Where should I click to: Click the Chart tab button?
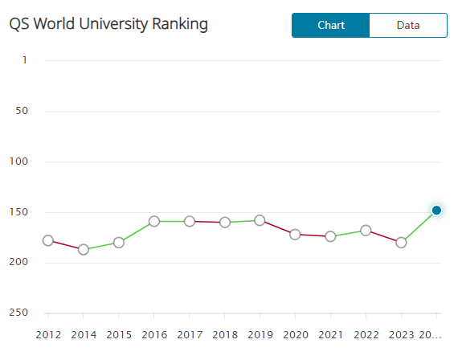click(x=330, y=25)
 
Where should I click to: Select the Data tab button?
click(x=407, y=25)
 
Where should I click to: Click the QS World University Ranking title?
click(x=108, y=24)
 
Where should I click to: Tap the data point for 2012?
click(x=47, y=240)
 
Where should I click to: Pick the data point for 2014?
click(x=83, y=250)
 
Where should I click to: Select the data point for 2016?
click(x=153, y=221)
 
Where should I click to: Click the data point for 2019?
click(x=260, y=220)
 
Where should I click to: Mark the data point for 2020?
click(x=295, y=234)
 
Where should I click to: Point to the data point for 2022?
click(x=366, y=231)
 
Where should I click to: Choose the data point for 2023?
click(x=401, y=242)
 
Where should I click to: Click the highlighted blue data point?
click(x=436, y=211)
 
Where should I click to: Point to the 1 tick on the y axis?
click(x=24, y=60)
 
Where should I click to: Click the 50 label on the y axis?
click(x=22, y=111)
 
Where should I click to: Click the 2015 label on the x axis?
click(x=118, y=333)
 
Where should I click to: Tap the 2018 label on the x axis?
click(x=224, y=333)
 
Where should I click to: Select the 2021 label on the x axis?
click(x=330, y=333)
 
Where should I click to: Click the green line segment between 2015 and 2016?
click(x=136, y=231)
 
